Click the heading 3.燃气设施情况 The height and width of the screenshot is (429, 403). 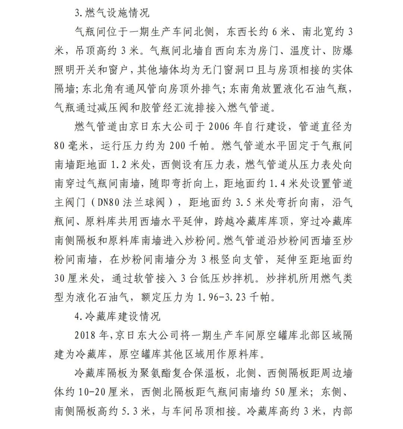pyautogui.click(x=112, y=13)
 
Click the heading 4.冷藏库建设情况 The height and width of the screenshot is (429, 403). pyautogui.click(x=117, y=316)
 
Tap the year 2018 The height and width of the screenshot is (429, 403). pyautogui.click(x=86, y=335)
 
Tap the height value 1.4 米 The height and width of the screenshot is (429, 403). pyautogui.click(x=284, y=184)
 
